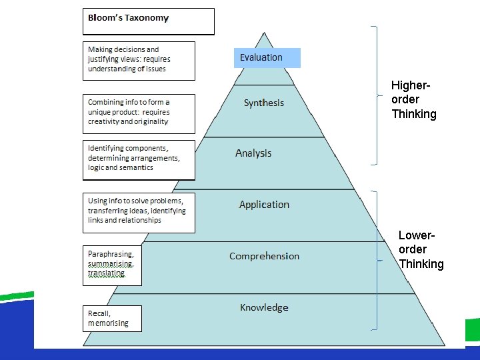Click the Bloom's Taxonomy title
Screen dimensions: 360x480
[129, 18]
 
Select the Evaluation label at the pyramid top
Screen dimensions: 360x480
[261, 57]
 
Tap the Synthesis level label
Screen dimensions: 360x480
[264, 103]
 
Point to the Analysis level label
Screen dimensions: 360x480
[253, 153]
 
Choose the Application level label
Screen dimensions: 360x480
[264, 205]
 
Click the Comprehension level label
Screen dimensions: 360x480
[264, 256]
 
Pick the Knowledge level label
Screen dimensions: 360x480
[264, 307]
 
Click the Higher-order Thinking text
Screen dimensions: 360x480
[413, 100]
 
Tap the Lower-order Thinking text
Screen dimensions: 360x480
[421, 249]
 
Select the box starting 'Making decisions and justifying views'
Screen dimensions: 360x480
[139, 61]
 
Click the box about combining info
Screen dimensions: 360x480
[139, 113]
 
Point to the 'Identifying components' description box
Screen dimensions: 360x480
[139, 159]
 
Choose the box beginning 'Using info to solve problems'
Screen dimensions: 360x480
[139, 213]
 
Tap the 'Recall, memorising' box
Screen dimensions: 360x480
[112, 319]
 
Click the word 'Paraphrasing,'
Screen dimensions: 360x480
[111, 254]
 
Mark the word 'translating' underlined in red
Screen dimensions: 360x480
[106, 273]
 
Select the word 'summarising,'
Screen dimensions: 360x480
[111, 264]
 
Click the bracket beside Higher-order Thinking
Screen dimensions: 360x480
[377, 94]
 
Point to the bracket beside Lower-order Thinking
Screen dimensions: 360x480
[377, 260]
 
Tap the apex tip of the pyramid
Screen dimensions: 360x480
[265, 33]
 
